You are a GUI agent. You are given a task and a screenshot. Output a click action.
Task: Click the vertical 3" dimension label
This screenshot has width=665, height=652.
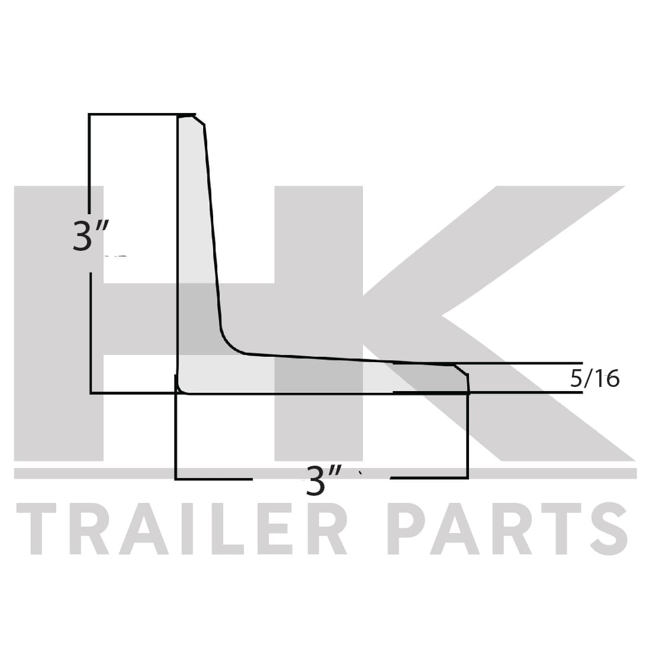click(x=91, y=235)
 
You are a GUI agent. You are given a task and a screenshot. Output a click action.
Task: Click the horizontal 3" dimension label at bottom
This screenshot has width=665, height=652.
click(x=323, y=480)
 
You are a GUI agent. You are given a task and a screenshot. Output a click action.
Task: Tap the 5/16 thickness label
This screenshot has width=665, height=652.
click(x=595, y=378)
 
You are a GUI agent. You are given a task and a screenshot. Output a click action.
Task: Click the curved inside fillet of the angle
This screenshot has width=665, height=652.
click(x=229, y=344)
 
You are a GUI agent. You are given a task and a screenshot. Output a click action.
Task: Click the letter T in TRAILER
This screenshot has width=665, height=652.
click(x=37, y=529)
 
